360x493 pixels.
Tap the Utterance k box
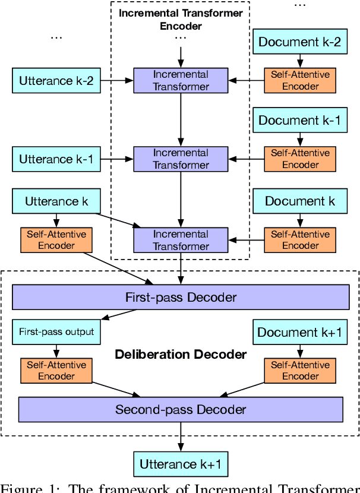(56, 201)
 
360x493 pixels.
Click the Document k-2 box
(299, 42)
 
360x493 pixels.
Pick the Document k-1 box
(299, 120)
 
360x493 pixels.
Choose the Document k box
(299, 201)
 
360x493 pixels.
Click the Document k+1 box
(299, 332)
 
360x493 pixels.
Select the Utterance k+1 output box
(180, 464)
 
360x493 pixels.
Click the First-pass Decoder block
(181, 297)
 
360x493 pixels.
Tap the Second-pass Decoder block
(181, 409)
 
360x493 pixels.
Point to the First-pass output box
(56, 331)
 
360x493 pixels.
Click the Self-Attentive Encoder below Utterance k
(56, 240)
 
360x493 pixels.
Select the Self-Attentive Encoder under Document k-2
(300, 81)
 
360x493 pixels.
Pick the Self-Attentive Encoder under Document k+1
(300, 371)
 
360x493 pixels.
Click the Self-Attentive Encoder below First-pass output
(56, 371)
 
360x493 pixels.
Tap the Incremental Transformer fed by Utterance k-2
(181, 81)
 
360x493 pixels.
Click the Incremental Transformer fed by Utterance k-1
(181, 159)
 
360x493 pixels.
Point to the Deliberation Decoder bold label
(181, 355)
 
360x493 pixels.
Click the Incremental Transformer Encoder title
(181, 19)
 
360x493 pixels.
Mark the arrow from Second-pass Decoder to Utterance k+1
(181, 437)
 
